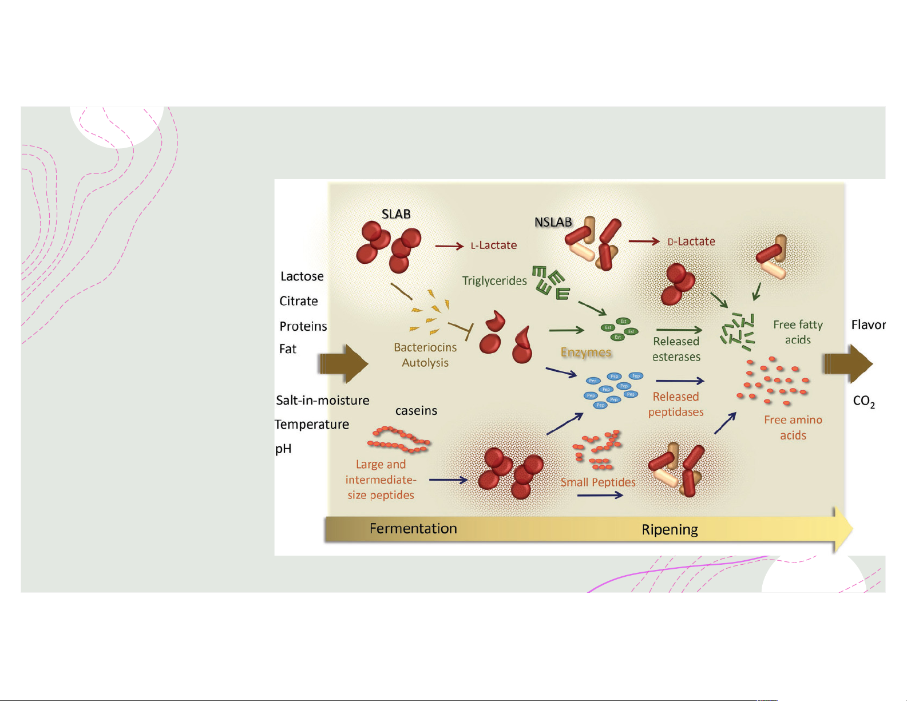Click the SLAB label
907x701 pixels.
pyautogui.click(x=396, y=214)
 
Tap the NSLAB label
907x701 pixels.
pyautogui.click(x=553, y=222)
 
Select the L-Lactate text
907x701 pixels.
pyautogui.click(x=493, y=245)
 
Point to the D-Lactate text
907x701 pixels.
pyautogui.click(x=691, y=241)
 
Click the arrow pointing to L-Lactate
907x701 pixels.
pyautogui.click(x=449, y=246)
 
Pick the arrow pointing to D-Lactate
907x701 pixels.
pyautogui.click(x=644, y=241)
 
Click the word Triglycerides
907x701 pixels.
pyautogui.click(x=494, y=281)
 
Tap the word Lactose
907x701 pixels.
pyautogui.click(x=302, y=276)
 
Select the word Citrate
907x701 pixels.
pyautogui.click(x=299, y=301)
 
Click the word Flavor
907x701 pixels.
pyautogui.click(x=868, y=325)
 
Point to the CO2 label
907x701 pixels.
pyautogui.click(x=864, y=401)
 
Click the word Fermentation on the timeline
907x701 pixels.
pyautogui.click(x=413, y=529)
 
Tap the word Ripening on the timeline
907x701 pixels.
pyautogui.click(x=670, y=530)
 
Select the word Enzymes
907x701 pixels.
pyautogui.click(x=586, y=353)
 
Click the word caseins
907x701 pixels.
pyautogui.click(x=416, y=411)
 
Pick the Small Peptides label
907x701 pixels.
pyautogui.click(x=598, y=482)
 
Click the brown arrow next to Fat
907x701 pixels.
pyautogui.click(x=344, y=363)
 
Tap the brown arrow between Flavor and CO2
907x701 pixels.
pyautogui.click(x=847, y=363)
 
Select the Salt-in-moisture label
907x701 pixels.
pyautogui.click(x=323, y=401)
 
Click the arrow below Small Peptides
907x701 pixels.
pyautogui.click(x=600, y=495)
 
